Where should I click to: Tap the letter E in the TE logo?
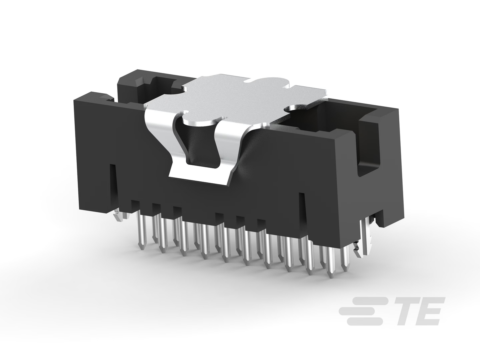pos(429,311)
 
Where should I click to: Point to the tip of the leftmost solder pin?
pos(142,247)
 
